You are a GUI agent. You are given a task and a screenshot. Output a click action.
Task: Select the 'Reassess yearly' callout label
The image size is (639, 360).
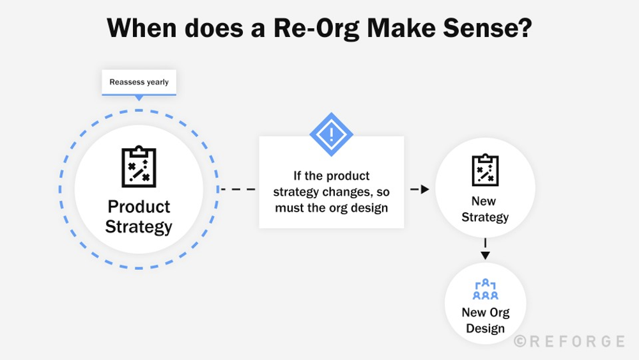click(139, 82)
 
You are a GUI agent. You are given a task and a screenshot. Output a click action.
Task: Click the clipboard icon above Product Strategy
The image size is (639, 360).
click(139, 167)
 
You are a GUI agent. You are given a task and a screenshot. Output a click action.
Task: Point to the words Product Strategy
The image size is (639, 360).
click(139, 217)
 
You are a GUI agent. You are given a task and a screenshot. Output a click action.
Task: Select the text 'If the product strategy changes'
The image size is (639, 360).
click(331, 184)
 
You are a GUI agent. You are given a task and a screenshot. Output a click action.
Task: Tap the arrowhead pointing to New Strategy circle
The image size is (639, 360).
click(424, 189)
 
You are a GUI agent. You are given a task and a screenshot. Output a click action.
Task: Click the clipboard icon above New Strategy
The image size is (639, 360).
click(485, 170)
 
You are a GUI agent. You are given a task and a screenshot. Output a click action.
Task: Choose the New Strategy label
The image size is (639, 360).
click(485, 209)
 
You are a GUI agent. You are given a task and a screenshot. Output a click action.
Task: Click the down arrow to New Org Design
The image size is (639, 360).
click(485, 254)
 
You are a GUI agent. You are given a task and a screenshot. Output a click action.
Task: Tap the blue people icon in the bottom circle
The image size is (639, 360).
click(485, 290)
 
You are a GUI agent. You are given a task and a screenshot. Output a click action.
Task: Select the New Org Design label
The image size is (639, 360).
click(485, 320)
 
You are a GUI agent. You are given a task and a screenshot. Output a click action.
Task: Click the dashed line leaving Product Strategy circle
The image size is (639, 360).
click(238, 189)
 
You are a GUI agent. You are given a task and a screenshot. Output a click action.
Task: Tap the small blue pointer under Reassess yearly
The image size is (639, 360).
click(139, 98)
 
